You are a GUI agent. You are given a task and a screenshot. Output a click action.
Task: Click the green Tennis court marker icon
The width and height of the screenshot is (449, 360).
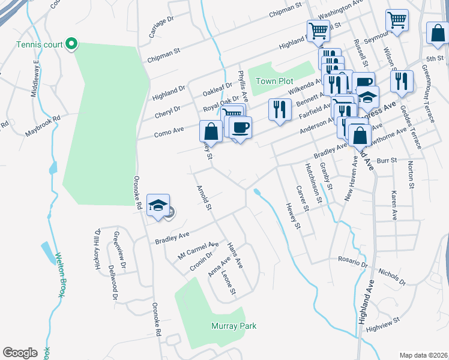(x=71, y=44)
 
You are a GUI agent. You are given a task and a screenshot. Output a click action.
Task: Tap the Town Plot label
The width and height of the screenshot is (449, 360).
(x=274, y=81)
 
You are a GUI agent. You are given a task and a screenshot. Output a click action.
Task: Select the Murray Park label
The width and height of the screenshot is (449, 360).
(x=234, y=326)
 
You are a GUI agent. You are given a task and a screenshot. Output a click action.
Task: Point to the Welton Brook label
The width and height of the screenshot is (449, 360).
(x=60, y=273)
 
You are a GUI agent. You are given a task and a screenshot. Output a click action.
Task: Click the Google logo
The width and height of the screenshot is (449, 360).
(x=20, y=353)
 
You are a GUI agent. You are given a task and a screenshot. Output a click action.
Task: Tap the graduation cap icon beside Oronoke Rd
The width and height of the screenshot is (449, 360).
(x=157, y=206)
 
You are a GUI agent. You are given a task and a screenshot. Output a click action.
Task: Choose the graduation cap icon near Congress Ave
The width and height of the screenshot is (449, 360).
(x=367, y=96)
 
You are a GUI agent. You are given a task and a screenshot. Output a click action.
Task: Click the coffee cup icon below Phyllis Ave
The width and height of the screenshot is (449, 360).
(x=240, y=127)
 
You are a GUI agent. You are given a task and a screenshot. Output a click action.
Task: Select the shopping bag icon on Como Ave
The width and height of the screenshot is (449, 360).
(x=211, y=131)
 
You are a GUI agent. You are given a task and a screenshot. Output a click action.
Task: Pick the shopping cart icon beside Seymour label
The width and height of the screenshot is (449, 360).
(x=397, y=20)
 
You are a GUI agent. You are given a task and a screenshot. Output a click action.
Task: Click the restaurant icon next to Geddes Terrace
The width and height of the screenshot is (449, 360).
(x=402, y=80)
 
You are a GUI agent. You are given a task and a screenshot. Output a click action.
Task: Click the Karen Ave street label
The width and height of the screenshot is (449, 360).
(x=394, y=205)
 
